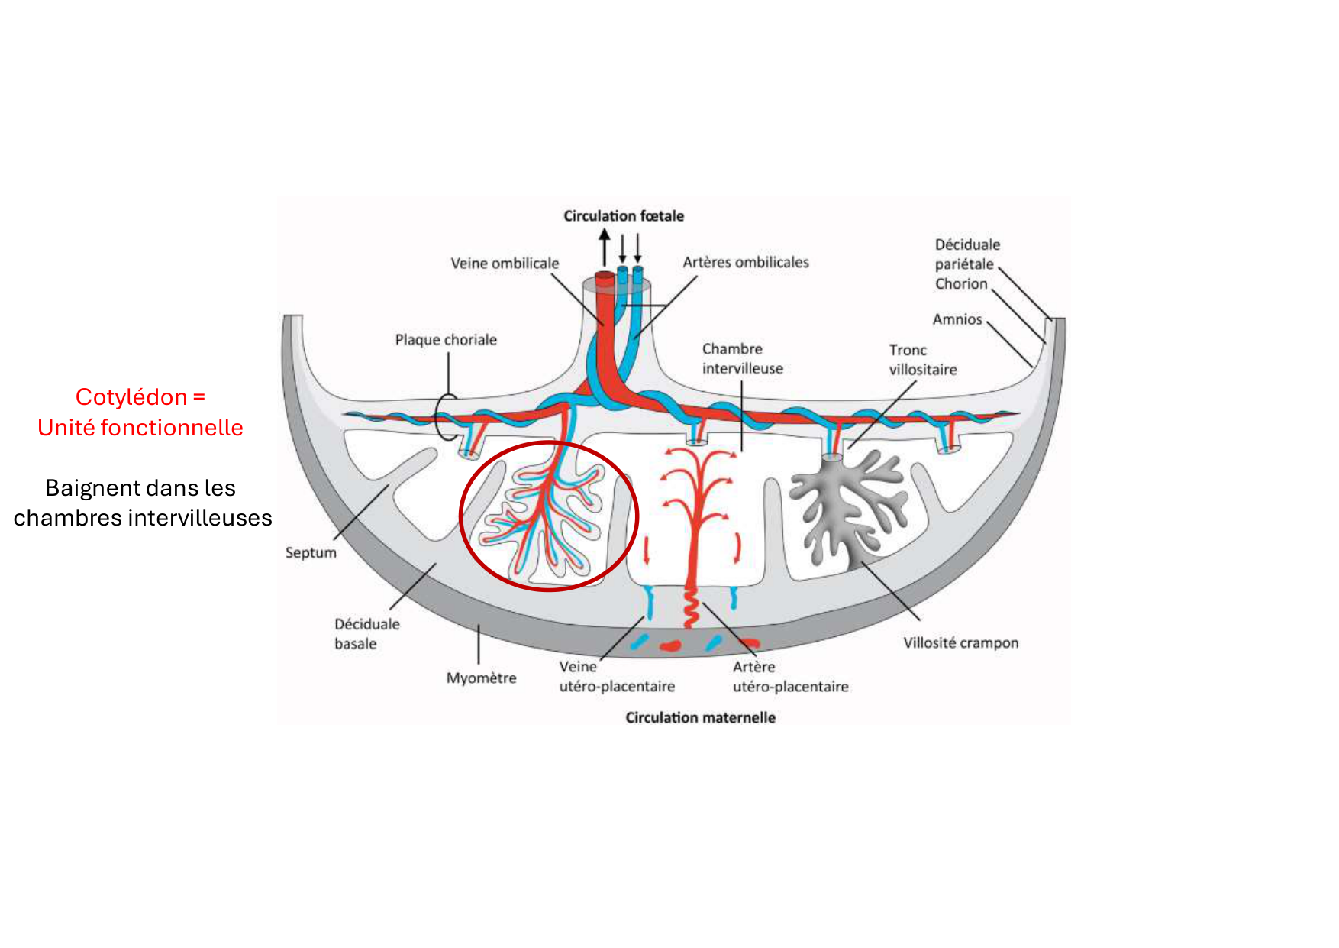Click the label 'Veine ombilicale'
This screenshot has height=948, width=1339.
click(505, 264)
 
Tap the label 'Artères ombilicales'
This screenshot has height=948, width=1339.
click(746, 263)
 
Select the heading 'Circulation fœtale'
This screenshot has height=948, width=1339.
click(624, 216)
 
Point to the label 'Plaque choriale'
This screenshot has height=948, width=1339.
click(446, 340)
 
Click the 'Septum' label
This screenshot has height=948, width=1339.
click(311, 552)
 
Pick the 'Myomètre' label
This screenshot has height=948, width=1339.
click(481, 678)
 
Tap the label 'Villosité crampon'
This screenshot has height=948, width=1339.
click(960, 643)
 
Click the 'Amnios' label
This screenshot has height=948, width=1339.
click(957, 319)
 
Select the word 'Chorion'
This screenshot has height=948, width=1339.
click(961, 284)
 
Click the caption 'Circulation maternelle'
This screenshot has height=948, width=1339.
click(700, 718)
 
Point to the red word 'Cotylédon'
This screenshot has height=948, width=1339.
click(131, 397)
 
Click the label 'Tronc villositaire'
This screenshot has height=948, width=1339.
click(922, 360)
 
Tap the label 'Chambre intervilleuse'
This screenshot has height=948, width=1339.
click(742, 359)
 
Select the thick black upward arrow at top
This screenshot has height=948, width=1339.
click(605, 246)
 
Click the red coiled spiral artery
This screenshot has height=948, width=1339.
click(691, 607)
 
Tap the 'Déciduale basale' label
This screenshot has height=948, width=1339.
click(366, 634)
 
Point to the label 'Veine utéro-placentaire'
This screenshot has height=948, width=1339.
click(617, 677)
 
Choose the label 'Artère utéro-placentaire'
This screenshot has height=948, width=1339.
click(790, 677)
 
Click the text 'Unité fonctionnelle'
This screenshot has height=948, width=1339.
click(140, 428)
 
